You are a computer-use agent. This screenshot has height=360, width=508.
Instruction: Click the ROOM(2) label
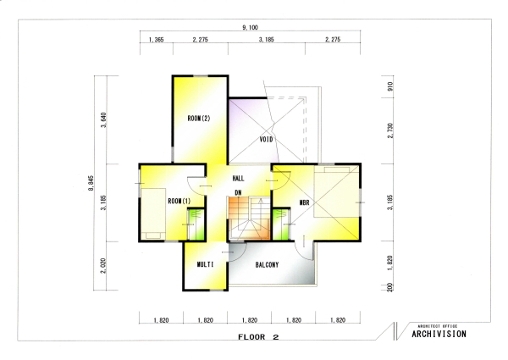click(199, 119)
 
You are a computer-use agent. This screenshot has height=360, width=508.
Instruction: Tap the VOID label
click(266, 139)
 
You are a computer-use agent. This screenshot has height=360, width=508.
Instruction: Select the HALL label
click(239, 178)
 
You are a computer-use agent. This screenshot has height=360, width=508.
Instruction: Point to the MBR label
click(304, 203)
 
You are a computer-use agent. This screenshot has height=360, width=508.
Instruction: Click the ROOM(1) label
click(179, 202)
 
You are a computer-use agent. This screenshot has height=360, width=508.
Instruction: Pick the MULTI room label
click(206, 264)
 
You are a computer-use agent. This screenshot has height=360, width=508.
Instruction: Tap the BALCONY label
click(267, 265)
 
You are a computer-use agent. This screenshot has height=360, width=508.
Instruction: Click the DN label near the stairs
click(238, 193)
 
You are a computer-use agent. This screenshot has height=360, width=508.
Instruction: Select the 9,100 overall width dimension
click(250, 27)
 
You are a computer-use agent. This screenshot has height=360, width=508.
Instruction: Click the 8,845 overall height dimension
click(91, 183)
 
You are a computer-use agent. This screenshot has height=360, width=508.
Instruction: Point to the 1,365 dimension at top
click(156, 40)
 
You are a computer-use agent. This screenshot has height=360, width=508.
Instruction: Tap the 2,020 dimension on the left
click(103, 266)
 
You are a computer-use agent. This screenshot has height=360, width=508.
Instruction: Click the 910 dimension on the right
click(390, 86)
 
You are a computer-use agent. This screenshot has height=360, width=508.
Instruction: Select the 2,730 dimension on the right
click(390, 130)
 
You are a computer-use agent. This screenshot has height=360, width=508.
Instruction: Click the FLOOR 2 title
click(258, 337)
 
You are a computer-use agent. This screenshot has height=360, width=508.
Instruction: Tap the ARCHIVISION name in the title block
click(439, 334)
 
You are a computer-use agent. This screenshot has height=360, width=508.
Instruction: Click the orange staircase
click(249, 219)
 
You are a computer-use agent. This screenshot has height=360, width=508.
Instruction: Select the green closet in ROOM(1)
click(196, 224)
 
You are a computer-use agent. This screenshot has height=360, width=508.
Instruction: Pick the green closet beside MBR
click(281, 224)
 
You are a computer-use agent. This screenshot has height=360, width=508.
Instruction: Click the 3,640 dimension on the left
click(103, 120)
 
